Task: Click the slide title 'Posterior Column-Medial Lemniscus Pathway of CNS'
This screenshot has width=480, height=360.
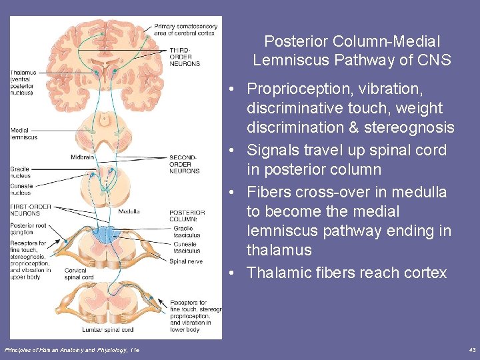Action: click(x=351, y=51)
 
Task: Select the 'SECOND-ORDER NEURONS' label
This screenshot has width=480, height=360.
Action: click(x=183, y=163)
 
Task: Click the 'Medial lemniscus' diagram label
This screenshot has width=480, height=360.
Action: click(x=24, y=134)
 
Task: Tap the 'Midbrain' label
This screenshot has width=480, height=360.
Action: click(x=82, y=157)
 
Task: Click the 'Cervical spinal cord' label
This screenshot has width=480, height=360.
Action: click(x=79, y=274)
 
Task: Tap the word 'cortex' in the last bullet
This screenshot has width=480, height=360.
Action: click(x=424, y=273)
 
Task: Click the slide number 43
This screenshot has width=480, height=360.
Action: click(x=471, y=350)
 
